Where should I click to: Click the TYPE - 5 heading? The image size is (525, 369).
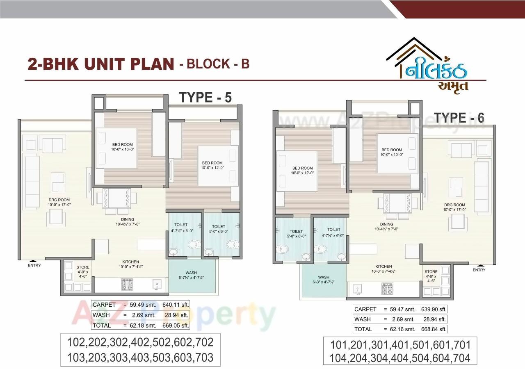click(205, 98)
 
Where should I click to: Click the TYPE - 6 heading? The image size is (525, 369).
click(459, 118)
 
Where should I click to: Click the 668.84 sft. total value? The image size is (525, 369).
click(434, 329)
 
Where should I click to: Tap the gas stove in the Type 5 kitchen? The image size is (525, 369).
click(126, 285)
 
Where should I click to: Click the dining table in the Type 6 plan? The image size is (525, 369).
click(397, 203)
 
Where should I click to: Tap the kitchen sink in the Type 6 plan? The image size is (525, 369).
click(358, 289)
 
